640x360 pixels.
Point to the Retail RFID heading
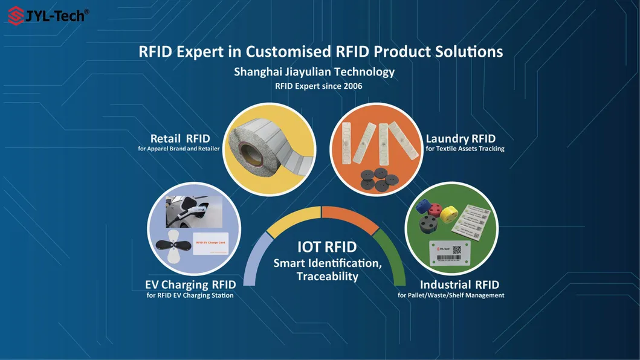[180, 139]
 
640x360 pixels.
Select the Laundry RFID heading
[461, 139]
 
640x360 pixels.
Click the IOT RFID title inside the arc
[326, 247]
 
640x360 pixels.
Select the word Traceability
[328, 277]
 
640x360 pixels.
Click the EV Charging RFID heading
[190, 284]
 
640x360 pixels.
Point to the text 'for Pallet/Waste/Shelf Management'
[451, 295]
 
